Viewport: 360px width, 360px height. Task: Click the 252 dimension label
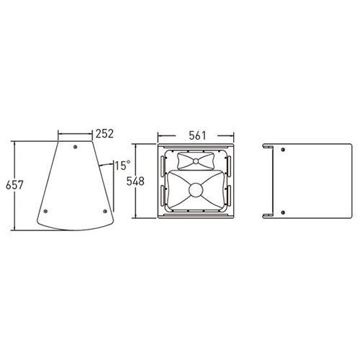104,134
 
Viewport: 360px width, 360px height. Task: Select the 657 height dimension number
14,185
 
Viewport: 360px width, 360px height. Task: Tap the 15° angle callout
122,166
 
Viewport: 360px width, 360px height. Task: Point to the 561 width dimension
197,135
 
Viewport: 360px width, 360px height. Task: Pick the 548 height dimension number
135,181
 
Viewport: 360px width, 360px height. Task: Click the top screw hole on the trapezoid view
75,147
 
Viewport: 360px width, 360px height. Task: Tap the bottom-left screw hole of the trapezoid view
45,211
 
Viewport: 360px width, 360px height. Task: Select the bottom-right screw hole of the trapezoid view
105,211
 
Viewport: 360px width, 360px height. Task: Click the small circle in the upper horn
196,161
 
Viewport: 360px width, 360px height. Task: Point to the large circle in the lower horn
196,190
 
